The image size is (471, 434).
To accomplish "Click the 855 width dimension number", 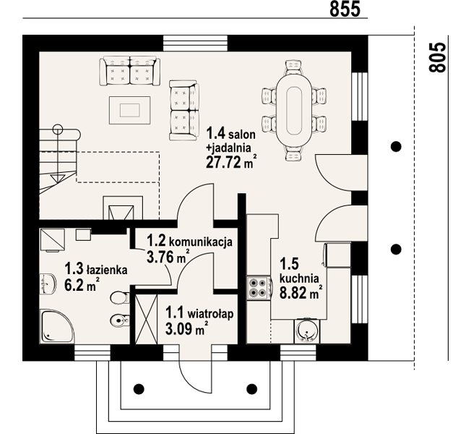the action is pos(345,9).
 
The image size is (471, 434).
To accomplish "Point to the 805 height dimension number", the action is pos(437,57).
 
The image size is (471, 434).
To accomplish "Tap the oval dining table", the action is pos(294,111).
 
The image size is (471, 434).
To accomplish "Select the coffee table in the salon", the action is pos(130,110).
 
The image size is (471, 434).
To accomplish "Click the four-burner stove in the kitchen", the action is pos(258,288).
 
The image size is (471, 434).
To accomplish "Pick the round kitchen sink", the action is pos(307,331).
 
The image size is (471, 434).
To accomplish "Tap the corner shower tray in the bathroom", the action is pos(57,327).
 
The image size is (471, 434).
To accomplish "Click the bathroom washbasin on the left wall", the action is pos(48,284).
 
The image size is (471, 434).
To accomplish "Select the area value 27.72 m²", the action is pos(232,163).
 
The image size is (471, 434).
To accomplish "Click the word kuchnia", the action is pos(299,278).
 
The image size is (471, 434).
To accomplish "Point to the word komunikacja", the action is pos(201,242).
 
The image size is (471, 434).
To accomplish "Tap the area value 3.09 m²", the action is pos(187,328).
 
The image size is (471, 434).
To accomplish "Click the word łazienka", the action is pos(107,270).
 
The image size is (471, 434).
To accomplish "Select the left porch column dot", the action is pos(139,389).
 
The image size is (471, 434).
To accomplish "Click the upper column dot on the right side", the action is pos(396,147).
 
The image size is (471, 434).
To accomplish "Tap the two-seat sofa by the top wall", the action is pos(130,71).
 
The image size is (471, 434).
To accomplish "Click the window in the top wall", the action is pos(195,43).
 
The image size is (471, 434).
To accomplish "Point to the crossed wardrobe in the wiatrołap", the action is pos(147,319).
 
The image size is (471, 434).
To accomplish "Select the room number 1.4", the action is pos(216,133).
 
